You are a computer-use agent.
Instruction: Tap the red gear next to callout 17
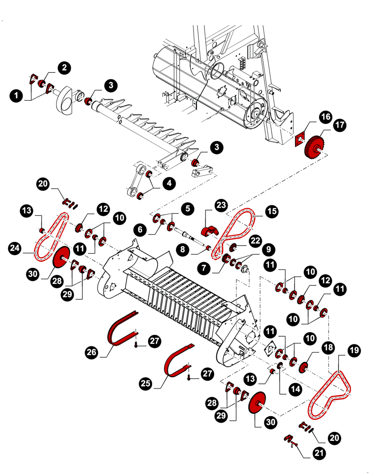(x=313, y=145)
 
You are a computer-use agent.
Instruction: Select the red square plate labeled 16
(x=300, y=138)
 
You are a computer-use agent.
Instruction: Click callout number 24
(x=15, y=247)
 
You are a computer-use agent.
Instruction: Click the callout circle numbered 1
(x=17, y=95)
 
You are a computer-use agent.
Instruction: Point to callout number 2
(x=63, y=67)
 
